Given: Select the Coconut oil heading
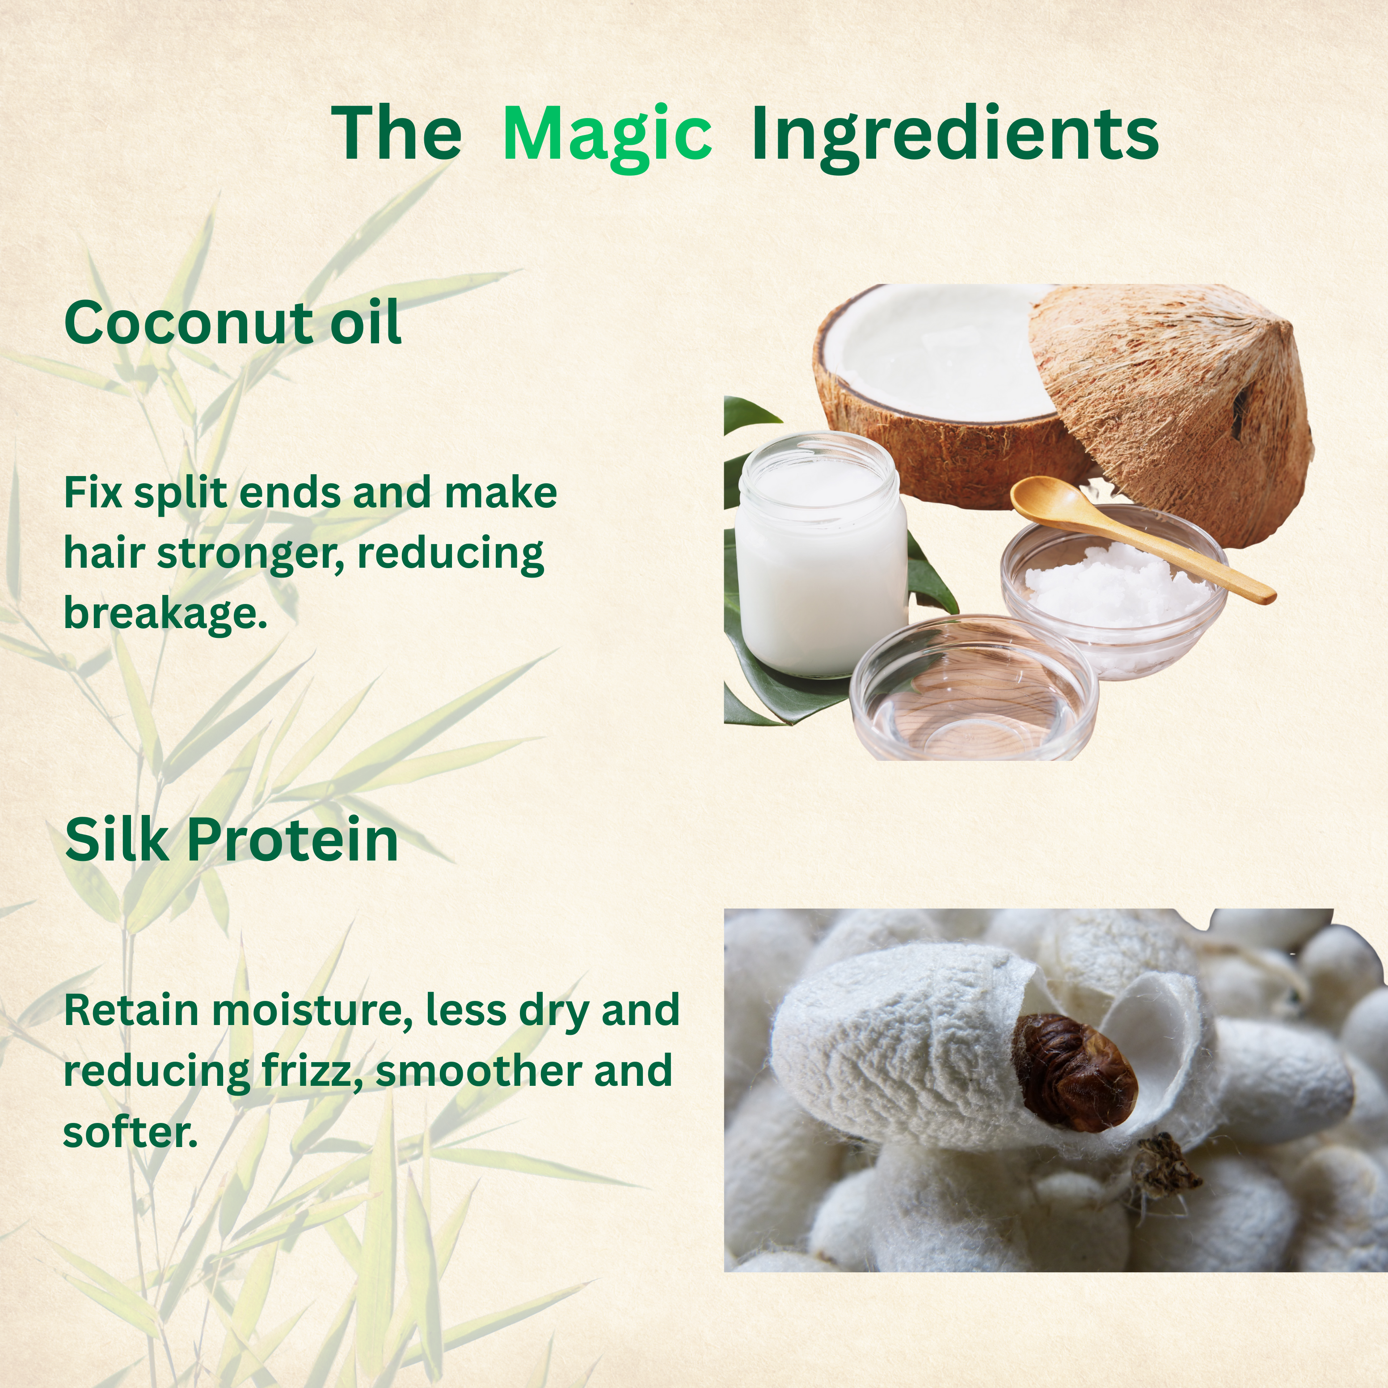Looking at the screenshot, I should [x=232, y=323].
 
